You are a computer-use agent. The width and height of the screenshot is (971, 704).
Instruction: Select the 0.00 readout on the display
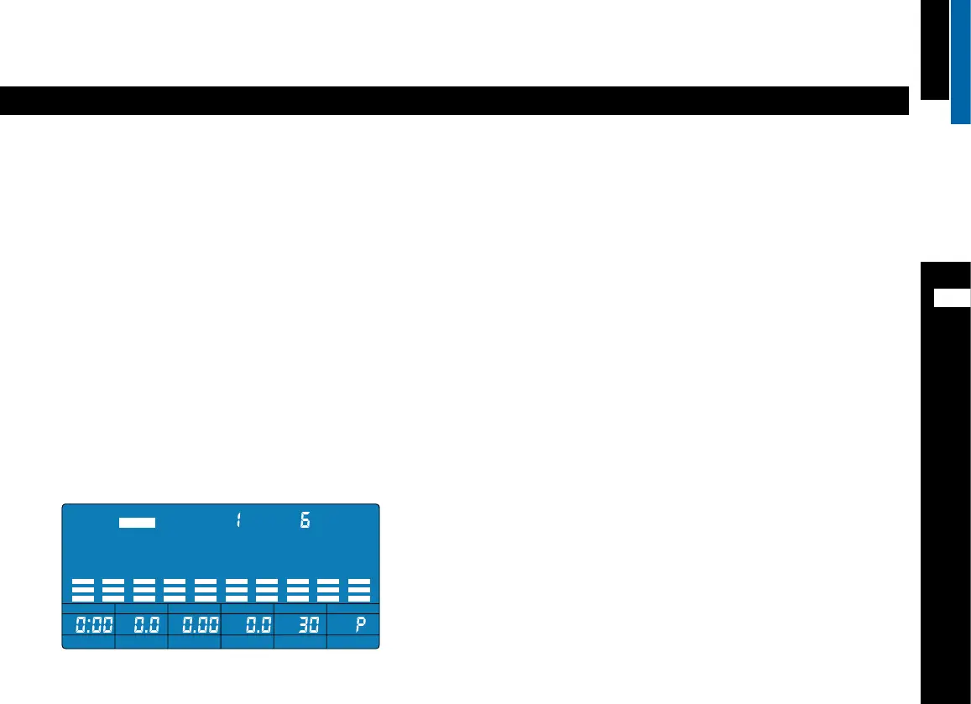pos(194,625)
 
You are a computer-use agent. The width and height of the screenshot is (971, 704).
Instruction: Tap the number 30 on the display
pos(309,625)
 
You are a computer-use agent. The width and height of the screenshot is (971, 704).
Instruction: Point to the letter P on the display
pos(360,624)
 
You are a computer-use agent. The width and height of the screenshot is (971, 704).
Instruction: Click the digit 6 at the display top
pos(305,520)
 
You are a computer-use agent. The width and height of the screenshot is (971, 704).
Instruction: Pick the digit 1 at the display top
pos(238,520)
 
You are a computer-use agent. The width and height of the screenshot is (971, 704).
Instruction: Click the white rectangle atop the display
pos(137,521)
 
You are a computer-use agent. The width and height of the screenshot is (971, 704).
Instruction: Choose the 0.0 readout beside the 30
pos(256,625)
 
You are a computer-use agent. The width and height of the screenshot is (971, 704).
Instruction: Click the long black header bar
pos(454,101)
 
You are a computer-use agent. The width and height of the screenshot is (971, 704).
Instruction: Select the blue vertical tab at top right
pos(960,61)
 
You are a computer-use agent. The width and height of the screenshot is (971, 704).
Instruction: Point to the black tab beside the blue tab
pos(934,50)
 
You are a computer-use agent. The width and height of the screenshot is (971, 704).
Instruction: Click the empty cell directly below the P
pos(353,642)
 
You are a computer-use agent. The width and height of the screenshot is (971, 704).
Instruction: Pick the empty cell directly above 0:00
pos(89,608)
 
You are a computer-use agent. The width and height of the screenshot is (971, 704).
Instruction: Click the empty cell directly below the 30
pos(300,642)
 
